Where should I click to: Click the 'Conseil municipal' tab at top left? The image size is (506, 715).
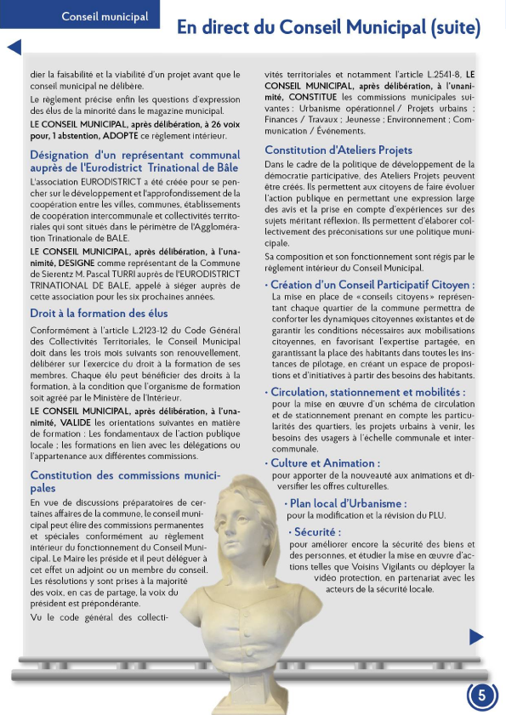105,16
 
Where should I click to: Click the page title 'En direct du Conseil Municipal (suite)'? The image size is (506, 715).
328,27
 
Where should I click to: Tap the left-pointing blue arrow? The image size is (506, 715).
14,48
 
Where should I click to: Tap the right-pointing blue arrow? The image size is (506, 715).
476,636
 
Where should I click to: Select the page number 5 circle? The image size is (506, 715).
482,695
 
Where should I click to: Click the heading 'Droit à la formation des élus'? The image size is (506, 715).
99,313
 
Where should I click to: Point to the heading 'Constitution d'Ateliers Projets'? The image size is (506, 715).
338,150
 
